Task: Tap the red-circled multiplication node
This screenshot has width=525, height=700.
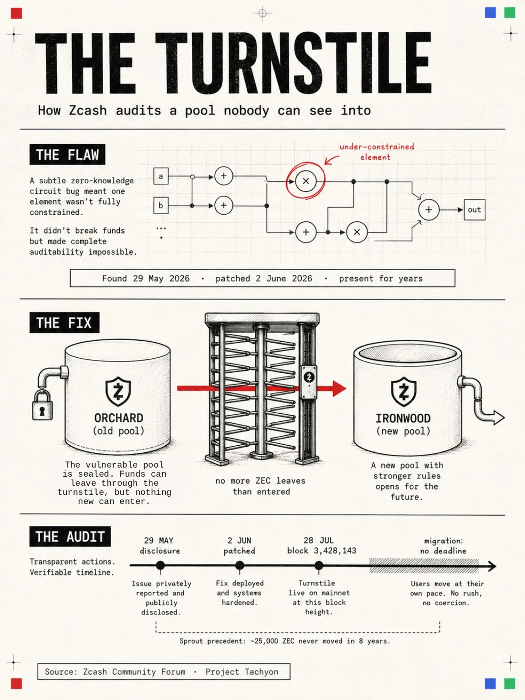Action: click(305, 181)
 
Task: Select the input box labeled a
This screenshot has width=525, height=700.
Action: click(161, 176)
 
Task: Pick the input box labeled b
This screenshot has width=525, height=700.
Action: click(161, 205)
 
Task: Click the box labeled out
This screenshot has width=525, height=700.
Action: click(474, 209)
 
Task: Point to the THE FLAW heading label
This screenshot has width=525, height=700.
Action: click(67, 155)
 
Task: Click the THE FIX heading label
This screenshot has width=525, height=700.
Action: click(64, 323)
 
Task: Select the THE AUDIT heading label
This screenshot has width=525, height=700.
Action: click(70, 536)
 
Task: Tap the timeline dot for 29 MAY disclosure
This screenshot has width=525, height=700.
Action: click(160, 566)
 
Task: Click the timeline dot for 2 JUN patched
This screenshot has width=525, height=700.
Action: click(240, 566)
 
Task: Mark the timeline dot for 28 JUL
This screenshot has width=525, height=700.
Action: click(319, 566)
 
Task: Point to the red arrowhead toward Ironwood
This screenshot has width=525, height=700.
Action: click(339, 388)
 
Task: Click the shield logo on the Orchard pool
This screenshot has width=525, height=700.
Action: click(118, 392)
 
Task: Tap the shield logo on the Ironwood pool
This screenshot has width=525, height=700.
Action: click(403, 392)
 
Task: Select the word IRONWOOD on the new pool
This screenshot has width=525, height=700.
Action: click(403, 418)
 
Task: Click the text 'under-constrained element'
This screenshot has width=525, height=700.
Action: click(377, 152)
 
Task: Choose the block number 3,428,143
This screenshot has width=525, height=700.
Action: click(335, 551)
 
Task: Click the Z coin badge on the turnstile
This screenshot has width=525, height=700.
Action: click(309, 377)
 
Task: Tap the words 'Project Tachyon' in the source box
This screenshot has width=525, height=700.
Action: click(242, 672)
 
